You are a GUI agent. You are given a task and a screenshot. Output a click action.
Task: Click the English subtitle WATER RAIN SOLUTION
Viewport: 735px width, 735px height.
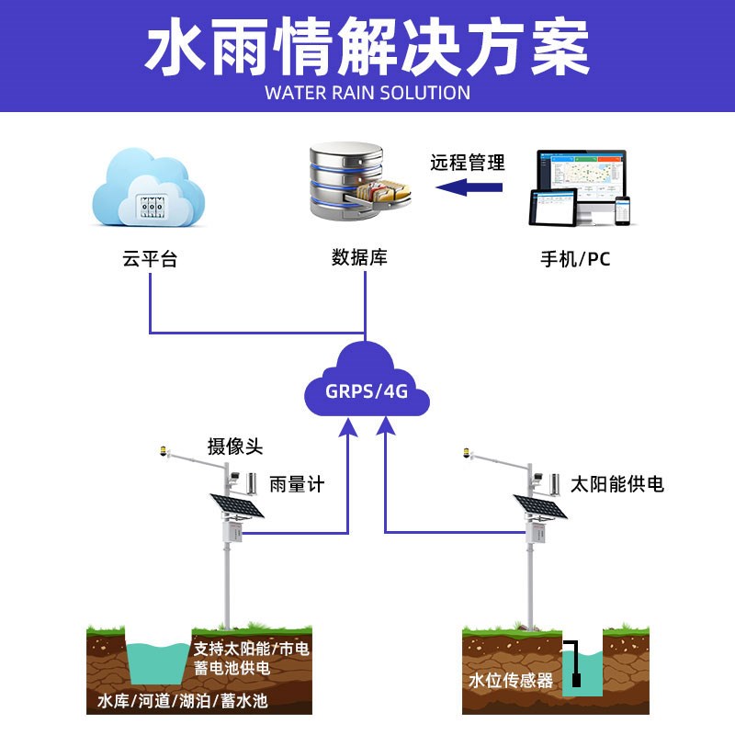click(x=367, y=93)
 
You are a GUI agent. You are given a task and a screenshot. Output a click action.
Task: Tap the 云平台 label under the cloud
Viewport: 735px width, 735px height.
click(x=150, y=259)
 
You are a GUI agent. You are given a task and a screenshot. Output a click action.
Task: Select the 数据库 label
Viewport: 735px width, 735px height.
click(x=359, y=257)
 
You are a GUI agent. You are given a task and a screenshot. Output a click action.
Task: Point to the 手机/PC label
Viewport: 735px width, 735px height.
click(x=575, y=259)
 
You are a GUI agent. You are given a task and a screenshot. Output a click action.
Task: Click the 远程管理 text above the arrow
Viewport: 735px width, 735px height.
click(x=468, y=163)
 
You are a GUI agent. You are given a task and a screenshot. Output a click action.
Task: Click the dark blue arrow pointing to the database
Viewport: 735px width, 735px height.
click(x=469, y=187)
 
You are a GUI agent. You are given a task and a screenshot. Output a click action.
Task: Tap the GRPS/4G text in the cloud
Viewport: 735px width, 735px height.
click(x=367, y=391)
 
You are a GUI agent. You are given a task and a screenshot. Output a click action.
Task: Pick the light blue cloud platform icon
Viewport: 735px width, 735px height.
click(x=149, y=187)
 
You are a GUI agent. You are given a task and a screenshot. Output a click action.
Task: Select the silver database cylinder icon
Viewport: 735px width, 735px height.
click(x=358, y=181)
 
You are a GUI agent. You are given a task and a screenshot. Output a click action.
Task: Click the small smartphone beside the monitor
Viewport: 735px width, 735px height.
click(x=623, y=210)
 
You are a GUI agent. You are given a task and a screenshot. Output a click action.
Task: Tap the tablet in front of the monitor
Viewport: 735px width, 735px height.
click(x=553, y=208)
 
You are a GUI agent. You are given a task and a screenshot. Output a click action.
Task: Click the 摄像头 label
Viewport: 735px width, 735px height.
click(x=235, y=447)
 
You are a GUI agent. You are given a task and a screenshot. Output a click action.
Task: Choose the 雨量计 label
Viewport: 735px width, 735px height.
click(x=297, y=484)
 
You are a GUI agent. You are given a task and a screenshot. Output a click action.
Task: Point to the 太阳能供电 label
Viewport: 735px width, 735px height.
click(x=617, y=484)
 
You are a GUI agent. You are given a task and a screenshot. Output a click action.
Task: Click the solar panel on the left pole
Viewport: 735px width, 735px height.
click(x=237, y=506)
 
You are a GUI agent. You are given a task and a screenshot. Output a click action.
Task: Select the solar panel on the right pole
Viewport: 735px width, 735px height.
click(x=540, y=507)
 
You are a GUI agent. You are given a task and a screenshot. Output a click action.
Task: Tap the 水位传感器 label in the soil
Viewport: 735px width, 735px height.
click(x=511, y=680)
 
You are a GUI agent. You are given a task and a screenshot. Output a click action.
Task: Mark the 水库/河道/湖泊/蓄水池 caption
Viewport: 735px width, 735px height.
click(x=183, y=701)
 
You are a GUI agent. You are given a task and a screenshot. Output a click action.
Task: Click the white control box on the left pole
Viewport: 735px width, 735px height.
click(x=232, y=532)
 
